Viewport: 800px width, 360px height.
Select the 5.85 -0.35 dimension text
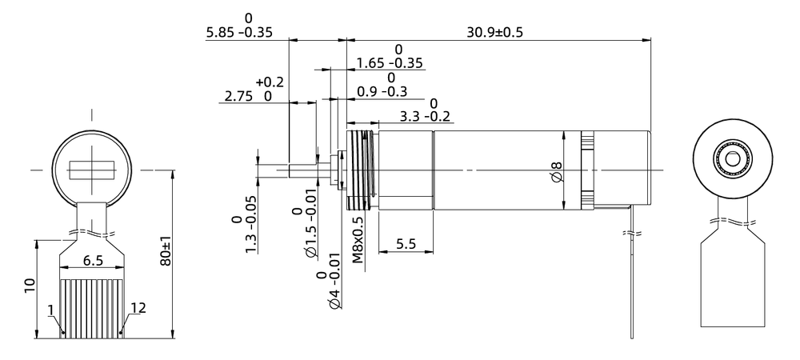point(239,34)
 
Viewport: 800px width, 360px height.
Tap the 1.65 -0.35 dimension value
point(390,62)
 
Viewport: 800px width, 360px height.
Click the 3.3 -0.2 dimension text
point(425,117)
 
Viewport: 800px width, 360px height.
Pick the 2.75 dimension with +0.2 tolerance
point(249,96)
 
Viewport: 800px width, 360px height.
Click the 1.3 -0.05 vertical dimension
point(243,227)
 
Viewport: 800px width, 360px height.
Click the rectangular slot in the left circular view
point(92,170)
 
